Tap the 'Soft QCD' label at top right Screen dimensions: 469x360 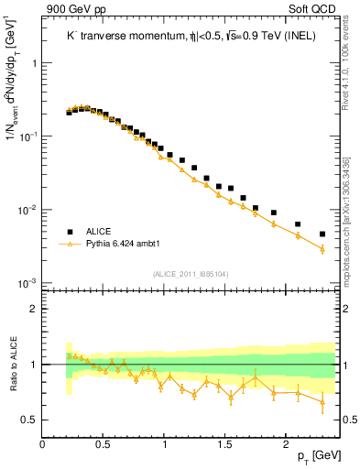coord(313,8)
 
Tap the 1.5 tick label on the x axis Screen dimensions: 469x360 coord(224,443)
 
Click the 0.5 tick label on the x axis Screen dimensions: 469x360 coord(103,443)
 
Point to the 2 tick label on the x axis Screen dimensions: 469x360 coord(285,443)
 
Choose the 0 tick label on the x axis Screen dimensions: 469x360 coord(43,443)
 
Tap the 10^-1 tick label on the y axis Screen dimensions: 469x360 coord(27,136)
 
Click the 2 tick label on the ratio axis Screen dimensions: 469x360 coord(34,309)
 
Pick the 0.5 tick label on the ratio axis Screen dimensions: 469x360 coord(30,420)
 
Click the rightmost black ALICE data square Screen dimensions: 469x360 coord(322,234)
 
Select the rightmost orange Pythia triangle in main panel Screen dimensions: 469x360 coord(322,248)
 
